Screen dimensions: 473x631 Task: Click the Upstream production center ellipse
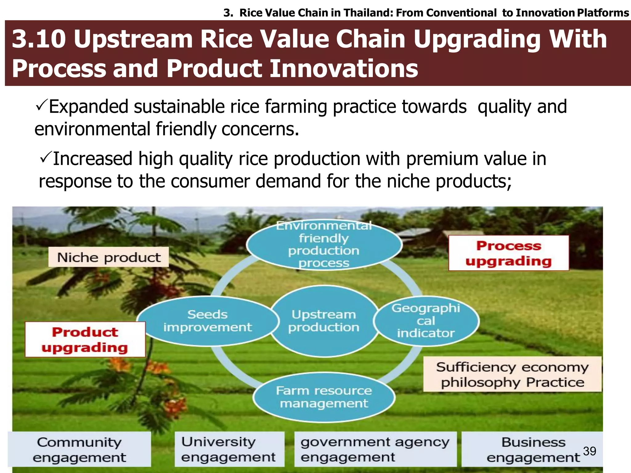324,321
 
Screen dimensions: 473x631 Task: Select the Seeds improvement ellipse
207,321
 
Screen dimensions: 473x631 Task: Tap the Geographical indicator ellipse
426,321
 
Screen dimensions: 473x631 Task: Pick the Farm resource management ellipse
324,397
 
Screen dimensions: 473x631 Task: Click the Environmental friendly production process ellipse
324,245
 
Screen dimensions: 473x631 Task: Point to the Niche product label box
108,257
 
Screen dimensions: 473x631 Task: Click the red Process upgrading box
508,253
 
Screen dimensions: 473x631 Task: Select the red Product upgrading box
85,339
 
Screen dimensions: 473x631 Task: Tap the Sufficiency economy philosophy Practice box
512,374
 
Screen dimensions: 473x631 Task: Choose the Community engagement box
79,450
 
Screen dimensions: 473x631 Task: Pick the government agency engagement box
375,450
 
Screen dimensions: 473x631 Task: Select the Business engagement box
532,450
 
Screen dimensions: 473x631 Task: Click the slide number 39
589,451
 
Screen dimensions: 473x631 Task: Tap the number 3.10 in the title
39,39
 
